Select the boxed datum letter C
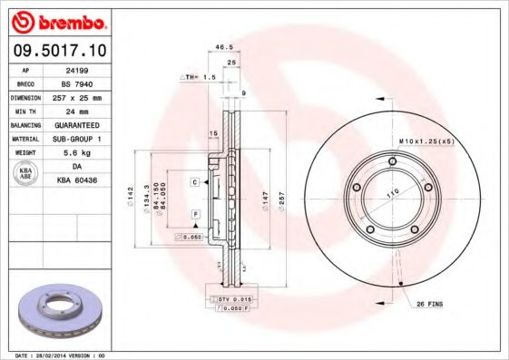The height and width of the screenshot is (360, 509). [x=194, y=182]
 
